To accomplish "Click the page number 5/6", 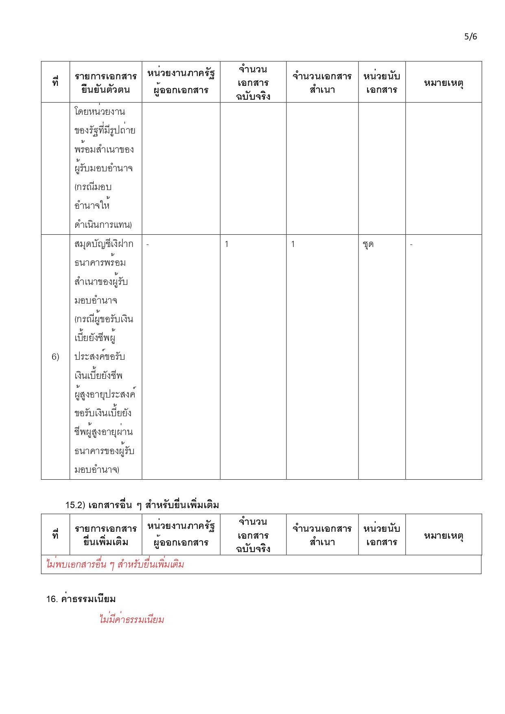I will point(470,37).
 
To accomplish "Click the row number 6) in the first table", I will point(55,357).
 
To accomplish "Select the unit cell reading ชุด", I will point(368,244).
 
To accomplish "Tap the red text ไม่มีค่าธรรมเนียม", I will point(132,620).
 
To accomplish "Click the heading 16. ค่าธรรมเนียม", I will point(81,599).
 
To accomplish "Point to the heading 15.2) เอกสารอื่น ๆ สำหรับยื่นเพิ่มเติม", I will point(142,505).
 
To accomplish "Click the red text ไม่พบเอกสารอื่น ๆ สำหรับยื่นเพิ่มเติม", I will point(115,564).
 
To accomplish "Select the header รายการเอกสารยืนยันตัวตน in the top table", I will point(106,83).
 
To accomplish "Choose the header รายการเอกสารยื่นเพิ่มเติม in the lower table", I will point(106,535).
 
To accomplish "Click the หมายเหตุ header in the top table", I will point(444,83).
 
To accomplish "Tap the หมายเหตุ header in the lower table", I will point(444,535).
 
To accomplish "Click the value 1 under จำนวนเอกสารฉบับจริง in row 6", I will point(227,244).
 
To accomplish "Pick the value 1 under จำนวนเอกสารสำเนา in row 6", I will point(293,244).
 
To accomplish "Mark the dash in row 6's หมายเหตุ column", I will point(411,245).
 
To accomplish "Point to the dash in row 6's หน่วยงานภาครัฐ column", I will point(148,245).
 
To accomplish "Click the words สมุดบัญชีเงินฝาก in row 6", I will point(104,244).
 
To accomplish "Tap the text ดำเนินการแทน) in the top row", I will point(103,225).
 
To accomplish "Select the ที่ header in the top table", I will point(55,82).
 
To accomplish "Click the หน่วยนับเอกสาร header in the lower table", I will point(382,535).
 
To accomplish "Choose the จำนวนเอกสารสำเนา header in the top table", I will point(322,83).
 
